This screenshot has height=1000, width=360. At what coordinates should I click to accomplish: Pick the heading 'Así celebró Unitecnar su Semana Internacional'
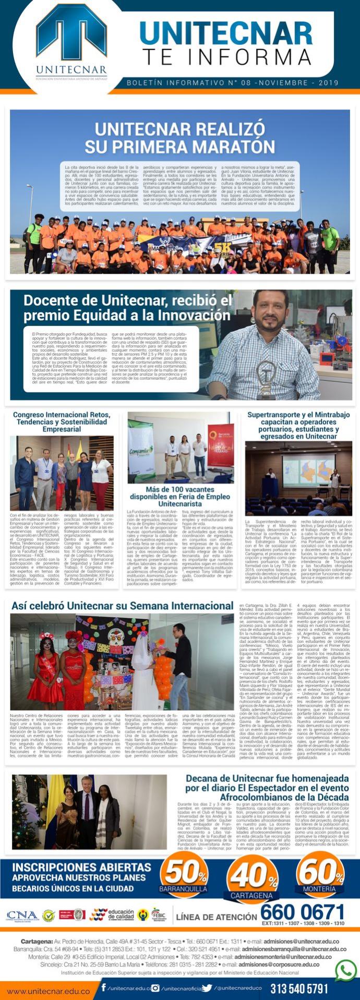click(122, 606)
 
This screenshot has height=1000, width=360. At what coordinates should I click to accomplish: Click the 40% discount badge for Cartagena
click(252, 880)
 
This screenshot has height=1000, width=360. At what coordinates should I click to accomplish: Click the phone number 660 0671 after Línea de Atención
click(302, 912)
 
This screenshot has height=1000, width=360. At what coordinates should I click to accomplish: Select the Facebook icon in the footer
click(104, 987)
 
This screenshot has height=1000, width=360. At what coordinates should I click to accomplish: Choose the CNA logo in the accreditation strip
click(22, 916)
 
